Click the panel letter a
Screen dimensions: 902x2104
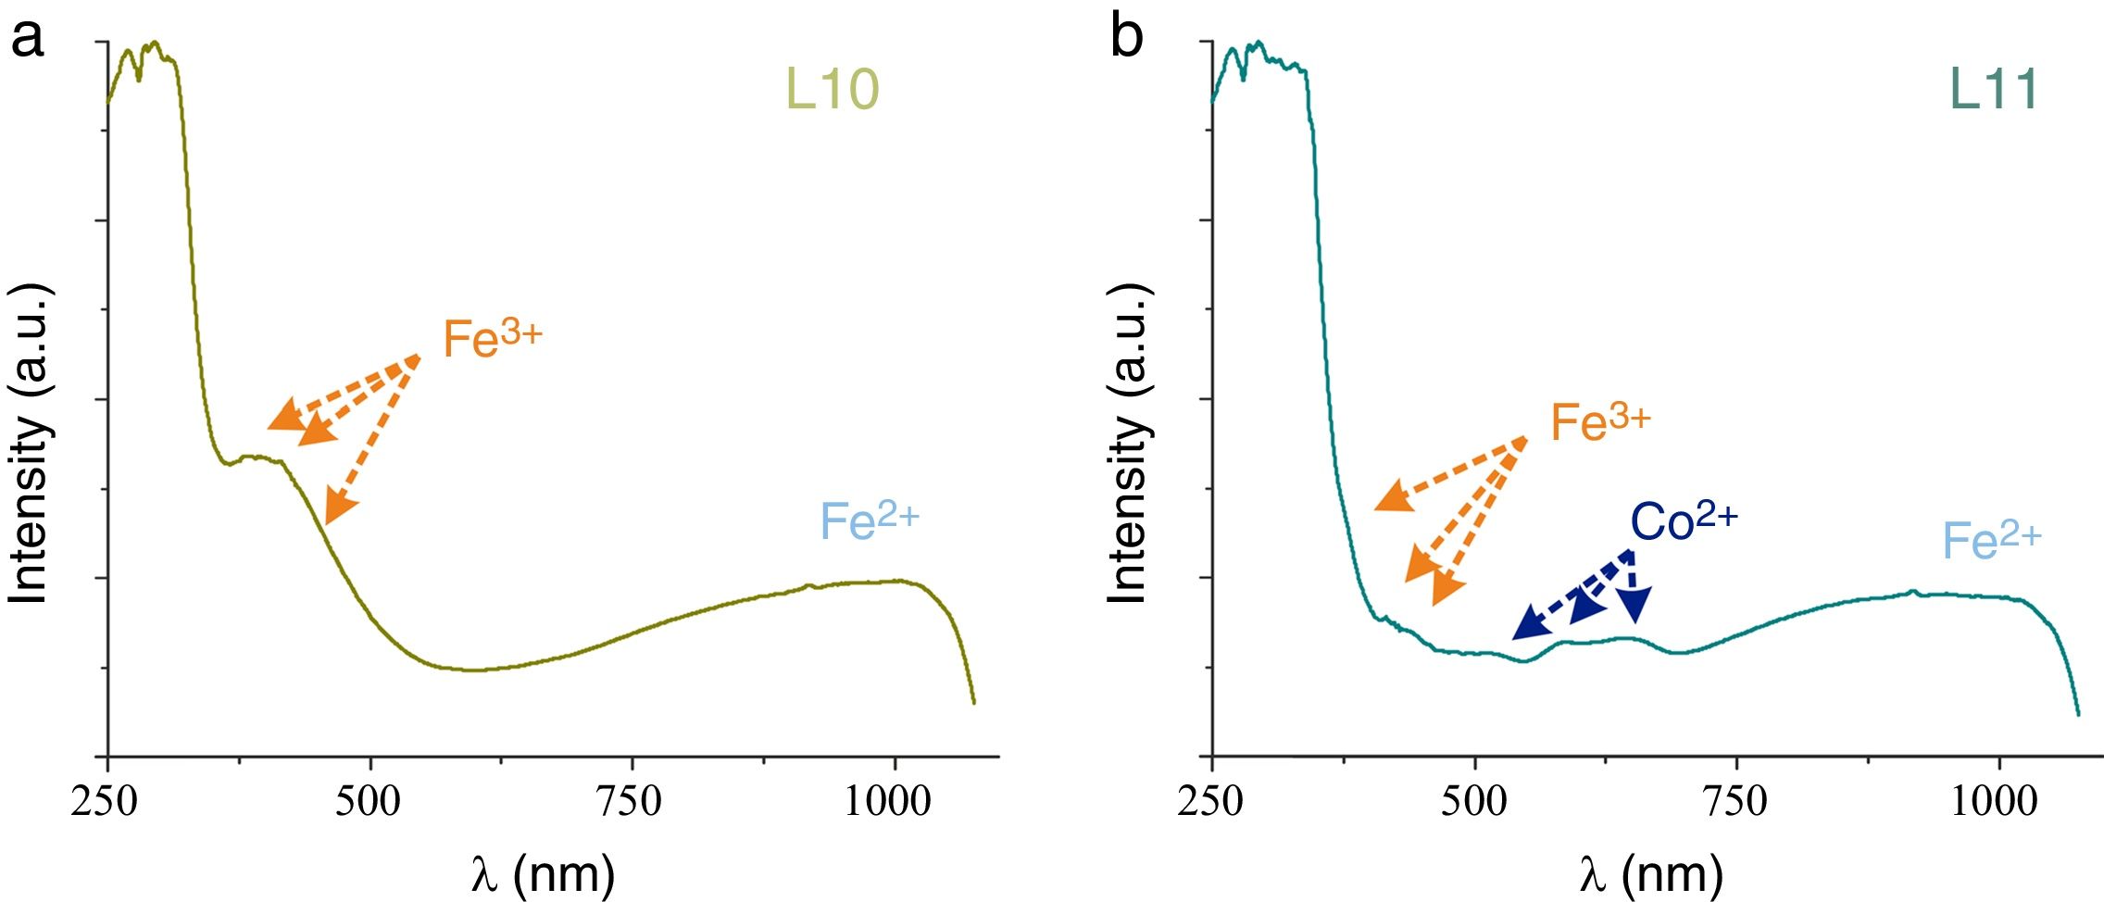pos(27,39)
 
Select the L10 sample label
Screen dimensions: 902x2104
pos(832,90)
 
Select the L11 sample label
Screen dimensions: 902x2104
pos(1993,90)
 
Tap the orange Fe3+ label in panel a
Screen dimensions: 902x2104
pos(492,338)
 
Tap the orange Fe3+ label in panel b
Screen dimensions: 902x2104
pos(1600,422)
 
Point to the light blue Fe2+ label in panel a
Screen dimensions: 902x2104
pos(869,520)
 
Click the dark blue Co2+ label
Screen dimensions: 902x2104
pos(1684,521)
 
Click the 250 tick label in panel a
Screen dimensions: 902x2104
pos(105,801)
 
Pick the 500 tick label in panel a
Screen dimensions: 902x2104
pos(369,801)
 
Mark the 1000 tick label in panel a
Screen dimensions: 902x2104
pos(887,801)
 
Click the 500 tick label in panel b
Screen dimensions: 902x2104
pos(1474,801)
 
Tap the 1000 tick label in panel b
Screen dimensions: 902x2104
pos(1994,801)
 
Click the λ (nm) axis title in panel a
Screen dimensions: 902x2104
pos(543,873)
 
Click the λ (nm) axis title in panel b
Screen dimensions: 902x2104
pos(1650,873)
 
